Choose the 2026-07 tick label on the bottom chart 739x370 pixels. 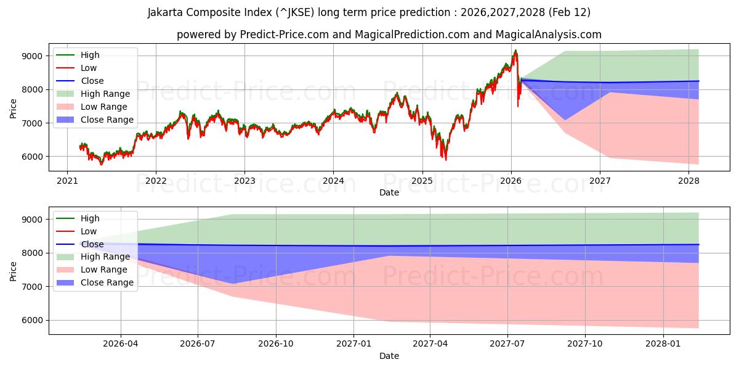point(198,343)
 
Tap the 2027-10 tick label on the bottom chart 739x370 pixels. point(585,343)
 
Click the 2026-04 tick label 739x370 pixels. point(121,343)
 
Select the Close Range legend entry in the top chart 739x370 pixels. point(107,120)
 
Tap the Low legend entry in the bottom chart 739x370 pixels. point(89,231)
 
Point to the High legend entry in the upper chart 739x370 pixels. point(90,55)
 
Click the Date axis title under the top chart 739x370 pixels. point(389,192)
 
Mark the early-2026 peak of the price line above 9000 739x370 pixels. point(515,51)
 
